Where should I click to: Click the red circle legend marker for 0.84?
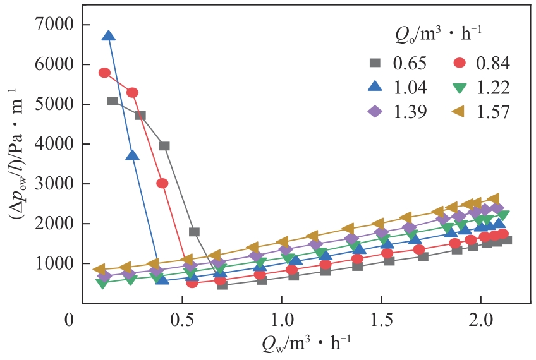(461, 63)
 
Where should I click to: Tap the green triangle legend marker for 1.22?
(461, 87)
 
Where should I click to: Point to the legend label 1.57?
(492, 112)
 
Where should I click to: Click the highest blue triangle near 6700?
(109, 36)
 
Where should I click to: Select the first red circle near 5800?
(105, 73)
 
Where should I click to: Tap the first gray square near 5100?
(113, 101)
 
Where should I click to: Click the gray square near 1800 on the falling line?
(194, 232)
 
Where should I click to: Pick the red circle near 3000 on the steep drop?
(162, 183)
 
